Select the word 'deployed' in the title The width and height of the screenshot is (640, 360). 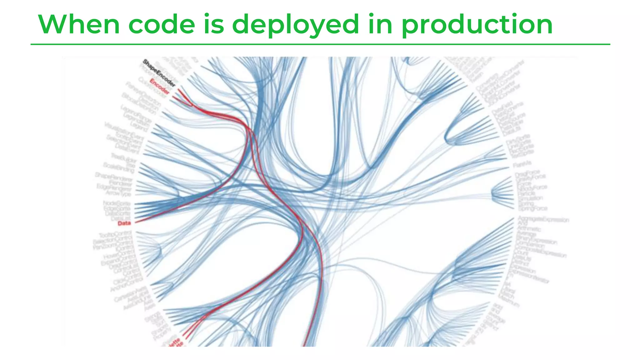[x=296, y=25]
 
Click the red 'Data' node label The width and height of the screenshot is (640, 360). [x=124, y=223]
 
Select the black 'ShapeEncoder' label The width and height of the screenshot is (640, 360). [x=159, y=73]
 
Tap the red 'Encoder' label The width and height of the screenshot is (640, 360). [x=160, y=87]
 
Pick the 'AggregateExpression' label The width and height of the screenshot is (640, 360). [x=543, y=219]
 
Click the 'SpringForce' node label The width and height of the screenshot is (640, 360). [x=532, y=208]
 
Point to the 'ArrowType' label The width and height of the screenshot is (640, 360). [x=118, y=193]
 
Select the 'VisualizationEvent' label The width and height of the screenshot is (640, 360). [x=124, y=131]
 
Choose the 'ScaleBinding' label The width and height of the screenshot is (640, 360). [x=119, y=167]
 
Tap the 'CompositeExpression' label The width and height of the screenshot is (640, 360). [x=540, y=252]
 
